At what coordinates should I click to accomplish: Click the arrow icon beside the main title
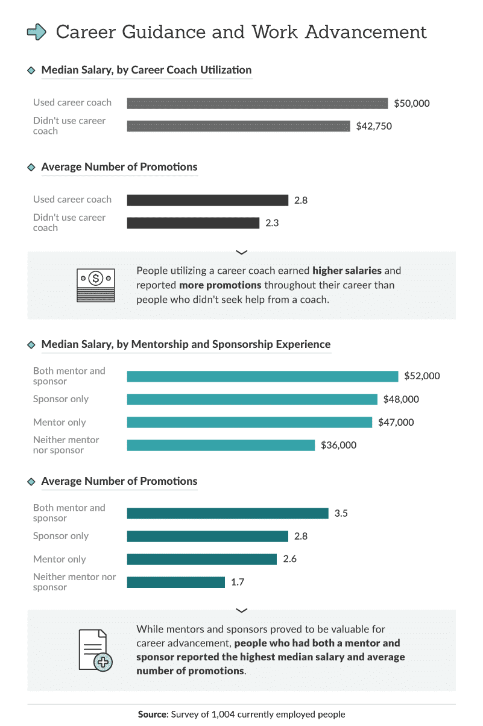click(x=37, y=32)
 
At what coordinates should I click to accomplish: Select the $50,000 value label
click(x=412, y=103)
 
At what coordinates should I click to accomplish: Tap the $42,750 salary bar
click(x=238, y=126)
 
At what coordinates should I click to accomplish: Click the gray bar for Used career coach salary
click(x=257, y=103)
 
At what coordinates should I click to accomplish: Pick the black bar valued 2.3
click(x=193, y=223)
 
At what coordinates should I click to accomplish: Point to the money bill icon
click(x=95, y=285)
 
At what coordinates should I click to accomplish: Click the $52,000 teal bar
click(x=262, y=376)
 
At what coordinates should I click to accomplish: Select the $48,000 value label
click(x=401, y=399)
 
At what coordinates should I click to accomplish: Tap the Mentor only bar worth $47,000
click(x=249, y=422)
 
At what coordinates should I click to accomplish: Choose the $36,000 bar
click(x=221, y=445)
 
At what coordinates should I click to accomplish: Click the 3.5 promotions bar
click(x=227, y=513)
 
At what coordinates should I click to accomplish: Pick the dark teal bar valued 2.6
click(x=201, y=559)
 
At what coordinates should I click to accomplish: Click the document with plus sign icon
click(x=95, y=649)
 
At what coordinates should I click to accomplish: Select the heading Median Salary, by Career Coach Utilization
click(x=146, y=70)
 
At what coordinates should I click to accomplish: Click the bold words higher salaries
click(x=347, y=270)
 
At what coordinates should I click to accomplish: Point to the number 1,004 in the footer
click(x=223, y=715)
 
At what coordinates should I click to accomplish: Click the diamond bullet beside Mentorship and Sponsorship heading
click(x=31, y=345)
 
